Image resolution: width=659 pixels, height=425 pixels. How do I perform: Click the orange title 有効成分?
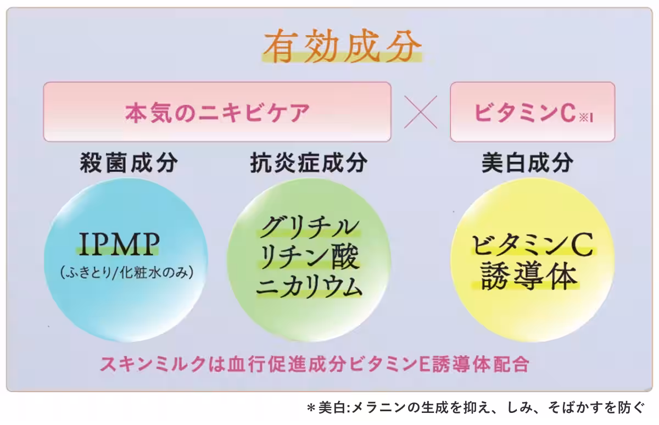(x=343, y=46)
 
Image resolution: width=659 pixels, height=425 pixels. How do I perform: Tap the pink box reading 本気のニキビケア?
(x=217, y=112)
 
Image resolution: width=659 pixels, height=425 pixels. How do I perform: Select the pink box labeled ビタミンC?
(x=533, y=112)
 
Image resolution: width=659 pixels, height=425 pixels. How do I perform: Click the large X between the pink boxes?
(x=421, y=112)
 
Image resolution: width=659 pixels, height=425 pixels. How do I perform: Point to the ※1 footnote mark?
(x=586, y=118)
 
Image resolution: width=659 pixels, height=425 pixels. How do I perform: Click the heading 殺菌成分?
(x=129, y=163)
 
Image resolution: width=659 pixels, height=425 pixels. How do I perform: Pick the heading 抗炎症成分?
(x=309, y=163)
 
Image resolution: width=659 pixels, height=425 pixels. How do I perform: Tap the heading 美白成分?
(x=528, y=163)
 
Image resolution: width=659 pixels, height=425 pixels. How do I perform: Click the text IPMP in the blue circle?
(x=119, y=244)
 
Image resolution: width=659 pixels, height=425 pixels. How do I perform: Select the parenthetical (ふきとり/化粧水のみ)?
(x=127, y=272)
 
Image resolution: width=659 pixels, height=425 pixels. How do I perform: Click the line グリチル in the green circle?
(x=310, y=228)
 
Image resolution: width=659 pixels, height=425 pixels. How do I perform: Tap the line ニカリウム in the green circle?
(x=309, y=287)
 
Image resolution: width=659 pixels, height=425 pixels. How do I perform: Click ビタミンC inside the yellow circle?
(x=533, y=245)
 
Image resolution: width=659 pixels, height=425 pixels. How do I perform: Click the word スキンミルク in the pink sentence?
(x=153, y=364)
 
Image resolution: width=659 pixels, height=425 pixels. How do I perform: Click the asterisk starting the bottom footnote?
(x=311, y=408)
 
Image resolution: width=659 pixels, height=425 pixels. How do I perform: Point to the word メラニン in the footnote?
(x=378, y=407)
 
